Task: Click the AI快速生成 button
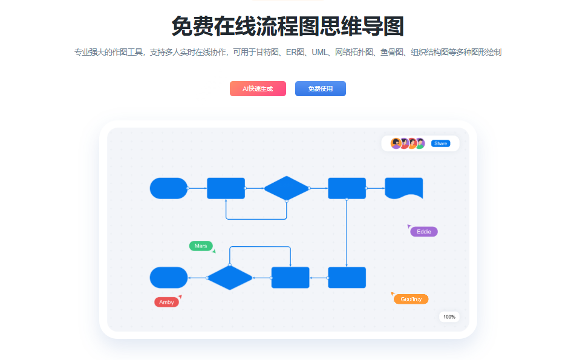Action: [x=258, y=88]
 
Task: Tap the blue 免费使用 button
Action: [x=320, y=88]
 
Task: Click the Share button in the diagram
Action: [x=440, y=143]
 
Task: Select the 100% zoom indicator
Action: [x=449, y=316]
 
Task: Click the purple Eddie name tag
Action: [x=423, y=232]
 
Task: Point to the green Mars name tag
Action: [x=201, y=246]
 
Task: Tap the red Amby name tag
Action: [x=166, y=302]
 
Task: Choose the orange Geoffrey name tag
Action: [x=411, y=299]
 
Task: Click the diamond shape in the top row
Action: [x=287, y=188]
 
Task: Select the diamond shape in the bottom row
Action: [x=230, y=278]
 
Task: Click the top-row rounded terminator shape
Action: [x=169, y=188]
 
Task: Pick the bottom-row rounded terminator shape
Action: [x=169, y=278]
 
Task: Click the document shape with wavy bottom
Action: [x=403, y=188]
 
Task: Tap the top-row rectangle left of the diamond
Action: [x=226, y=188]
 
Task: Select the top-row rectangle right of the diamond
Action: [x=347, y=188]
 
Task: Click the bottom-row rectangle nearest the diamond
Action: [x=290, y=278]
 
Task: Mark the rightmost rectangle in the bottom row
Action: [x=347, y=278]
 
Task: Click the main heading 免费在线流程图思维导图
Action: [x=287, y=27]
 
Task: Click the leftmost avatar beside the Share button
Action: [x=396, y=143]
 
